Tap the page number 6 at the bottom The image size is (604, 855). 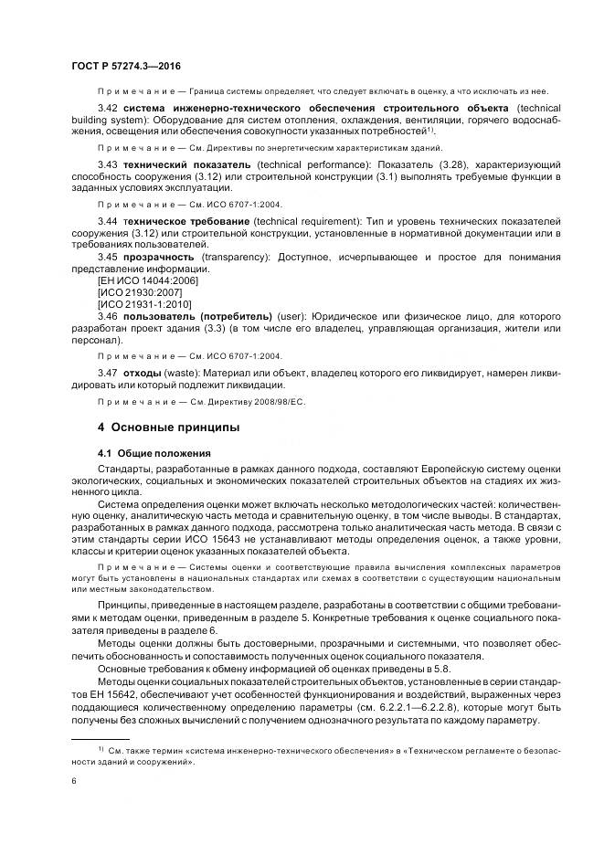pyautogui.click(x=73, y=781)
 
